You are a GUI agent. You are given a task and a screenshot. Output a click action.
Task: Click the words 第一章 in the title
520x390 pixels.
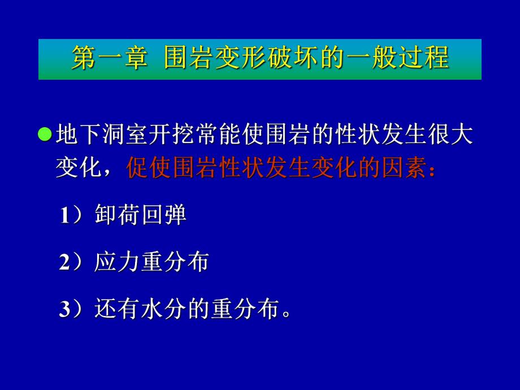(x=109, y=59)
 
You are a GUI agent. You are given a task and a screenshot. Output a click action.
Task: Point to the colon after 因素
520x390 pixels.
(x=432, y=170)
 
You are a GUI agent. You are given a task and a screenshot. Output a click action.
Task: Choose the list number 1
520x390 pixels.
(x=64, y=215)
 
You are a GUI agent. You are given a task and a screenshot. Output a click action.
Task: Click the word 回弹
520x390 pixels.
(x=163, y=215)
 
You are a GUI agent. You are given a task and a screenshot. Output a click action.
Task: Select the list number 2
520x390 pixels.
(x=64, y=262)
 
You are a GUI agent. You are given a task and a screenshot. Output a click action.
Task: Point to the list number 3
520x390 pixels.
(x=64, y=309)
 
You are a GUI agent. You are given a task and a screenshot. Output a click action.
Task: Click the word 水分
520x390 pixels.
(x=163, y=309)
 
